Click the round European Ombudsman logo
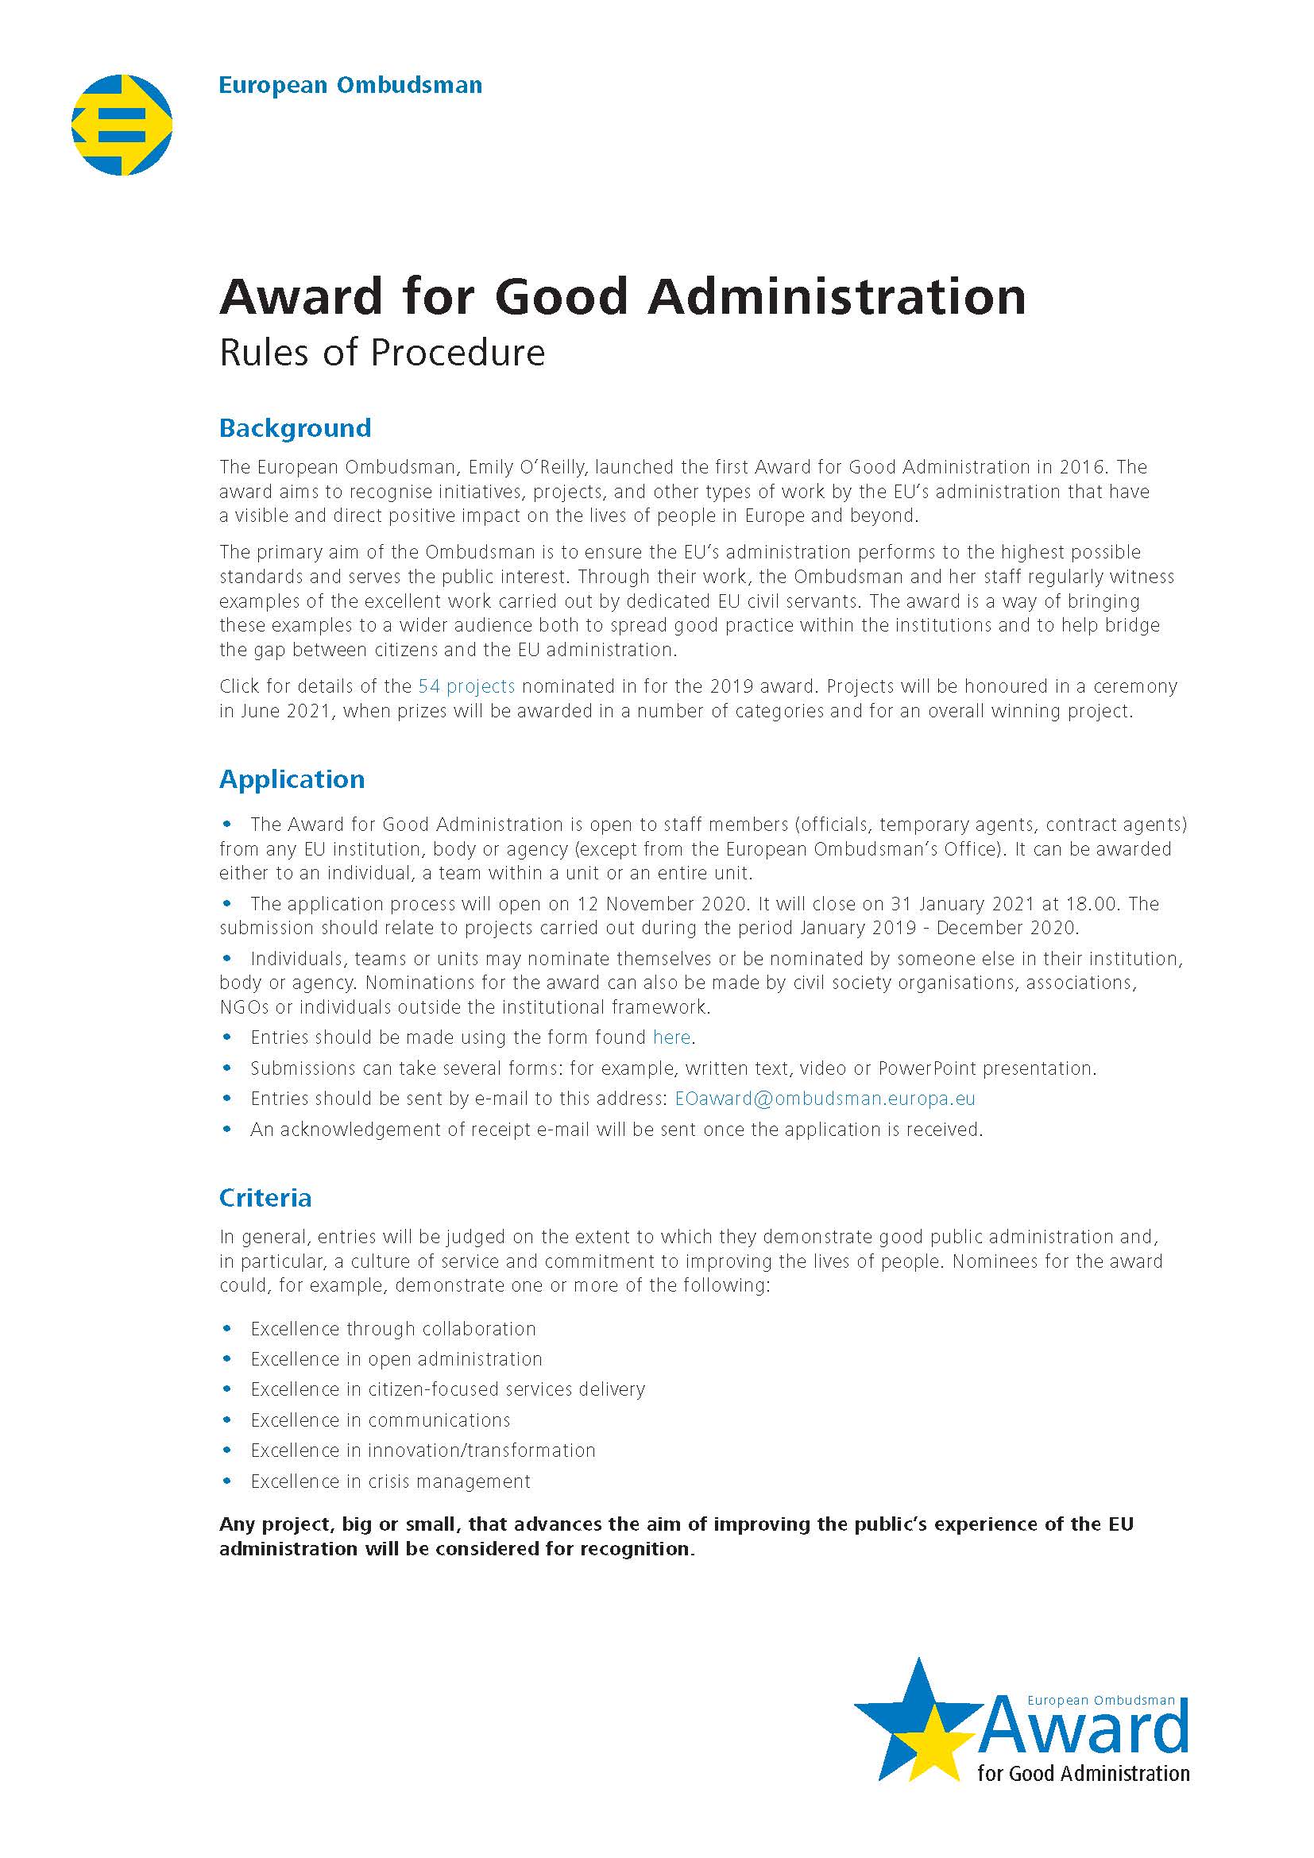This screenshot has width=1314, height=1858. point(122,125)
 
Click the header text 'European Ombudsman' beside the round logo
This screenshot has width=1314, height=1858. point(350,85)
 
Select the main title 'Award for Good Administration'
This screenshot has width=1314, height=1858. point(623,296)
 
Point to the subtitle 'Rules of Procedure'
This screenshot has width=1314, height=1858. point(382,353)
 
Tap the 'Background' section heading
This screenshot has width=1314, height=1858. point(295,428)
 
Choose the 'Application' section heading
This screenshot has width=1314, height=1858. point(292,779)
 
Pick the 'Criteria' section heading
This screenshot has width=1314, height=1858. point(265,1198)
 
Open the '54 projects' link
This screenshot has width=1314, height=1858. point(466,686)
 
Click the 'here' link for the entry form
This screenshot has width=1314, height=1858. point(671,1037)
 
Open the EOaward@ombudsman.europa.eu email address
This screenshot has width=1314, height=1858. point(825,1098)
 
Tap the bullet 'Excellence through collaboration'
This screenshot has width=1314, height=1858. point(393,1329)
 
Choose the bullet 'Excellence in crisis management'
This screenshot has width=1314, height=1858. point(390,1481)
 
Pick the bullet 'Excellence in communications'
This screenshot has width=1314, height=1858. point(381,1420)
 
